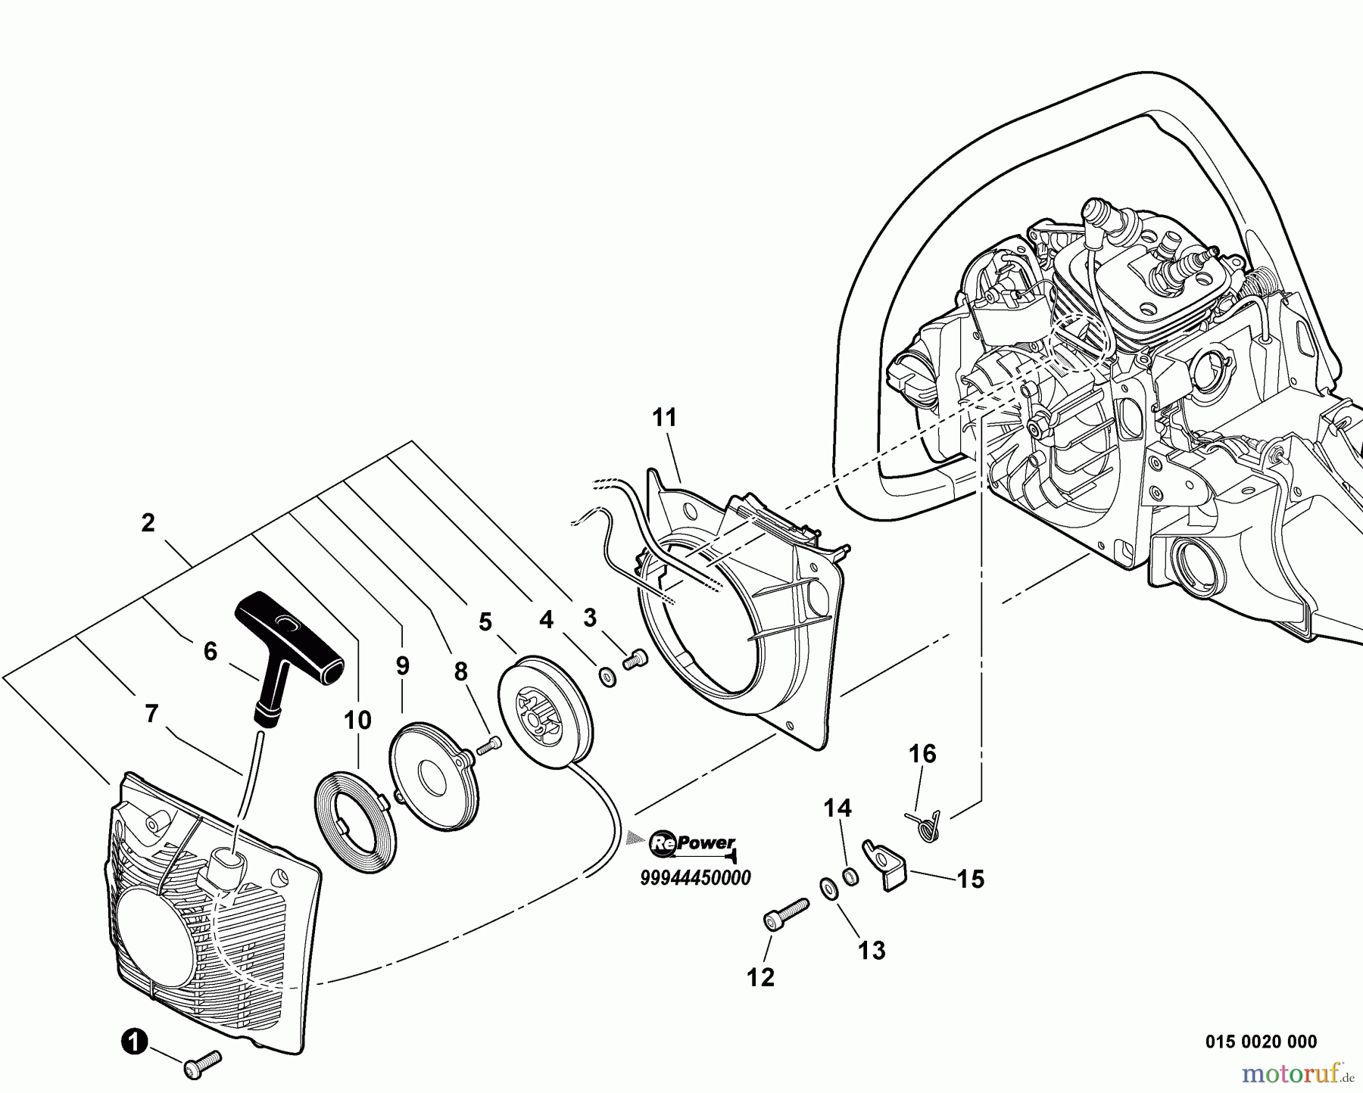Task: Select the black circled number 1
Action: [x=133, y=1043]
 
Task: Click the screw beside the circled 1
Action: [x=201, y=1064]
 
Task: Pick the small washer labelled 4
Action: [x=607, y=676]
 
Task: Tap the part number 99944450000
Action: [x=695, y=878]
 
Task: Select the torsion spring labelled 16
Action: [x=925, y=824]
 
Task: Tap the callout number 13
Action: [x=872, y=951]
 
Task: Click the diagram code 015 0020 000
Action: [x=1261, y=1042]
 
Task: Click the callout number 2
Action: [x=148, y=523]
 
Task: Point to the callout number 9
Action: [x=402, y=665]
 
